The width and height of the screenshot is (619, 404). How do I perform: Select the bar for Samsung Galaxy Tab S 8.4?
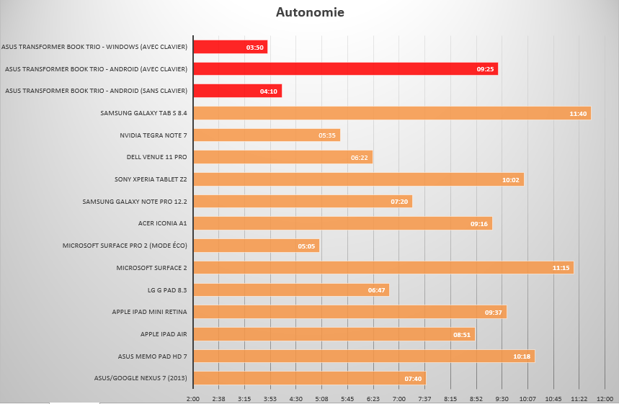pyautogui.click(x=392, y=113)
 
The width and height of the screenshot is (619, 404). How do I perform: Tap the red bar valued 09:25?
pyautogui.click(x=346, y=69)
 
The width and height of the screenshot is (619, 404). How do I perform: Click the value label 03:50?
pyautogui.click(x=255, y=48)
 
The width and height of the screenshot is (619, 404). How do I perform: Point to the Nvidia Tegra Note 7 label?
pyautogui.click(x=153, y=135)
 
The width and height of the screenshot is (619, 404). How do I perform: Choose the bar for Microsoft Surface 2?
pyautogui.click(x=383, y=268)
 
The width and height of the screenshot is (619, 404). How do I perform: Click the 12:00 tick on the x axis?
pyautogui.click(x=605, y=398)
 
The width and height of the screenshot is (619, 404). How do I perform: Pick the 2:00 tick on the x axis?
pyautogui.click(x=193, y=398)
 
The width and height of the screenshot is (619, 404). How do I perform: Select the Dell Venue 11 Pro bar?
pyautogui.click(x=283, y=157)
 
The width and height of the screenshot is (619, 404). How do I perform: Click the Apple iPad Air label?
pyautogui.click(x=164, y=334)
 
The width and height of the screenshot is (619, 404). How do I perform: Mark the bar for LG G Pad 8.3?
pyautogui.click(x=291, y=290)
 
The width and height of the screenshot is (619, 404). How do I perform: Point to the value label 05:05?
pyautogui.click(x=306, y=246)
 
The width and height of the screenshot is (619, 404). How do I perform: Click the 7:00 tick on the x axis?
pyautogui.click(x=399, y=398)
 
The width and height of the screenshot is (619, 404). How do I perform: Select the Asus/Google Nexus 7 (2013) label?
pyautogui.click(x=141, y=378)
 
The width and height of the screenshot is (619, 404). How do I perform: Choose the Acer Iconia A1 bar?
pyautogui.click(x=343, y=224)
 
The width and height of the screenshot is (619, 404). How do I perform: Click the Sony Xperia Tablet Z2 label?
pyautogui.click(x=151, y=179)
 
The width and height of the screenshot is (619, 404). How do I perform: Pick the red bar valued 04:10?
pyautogui.click(x=238, y=91)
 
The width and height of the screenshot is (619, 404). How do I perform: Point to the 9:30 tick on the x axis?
pyautogui.click(x=502, y=398)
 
